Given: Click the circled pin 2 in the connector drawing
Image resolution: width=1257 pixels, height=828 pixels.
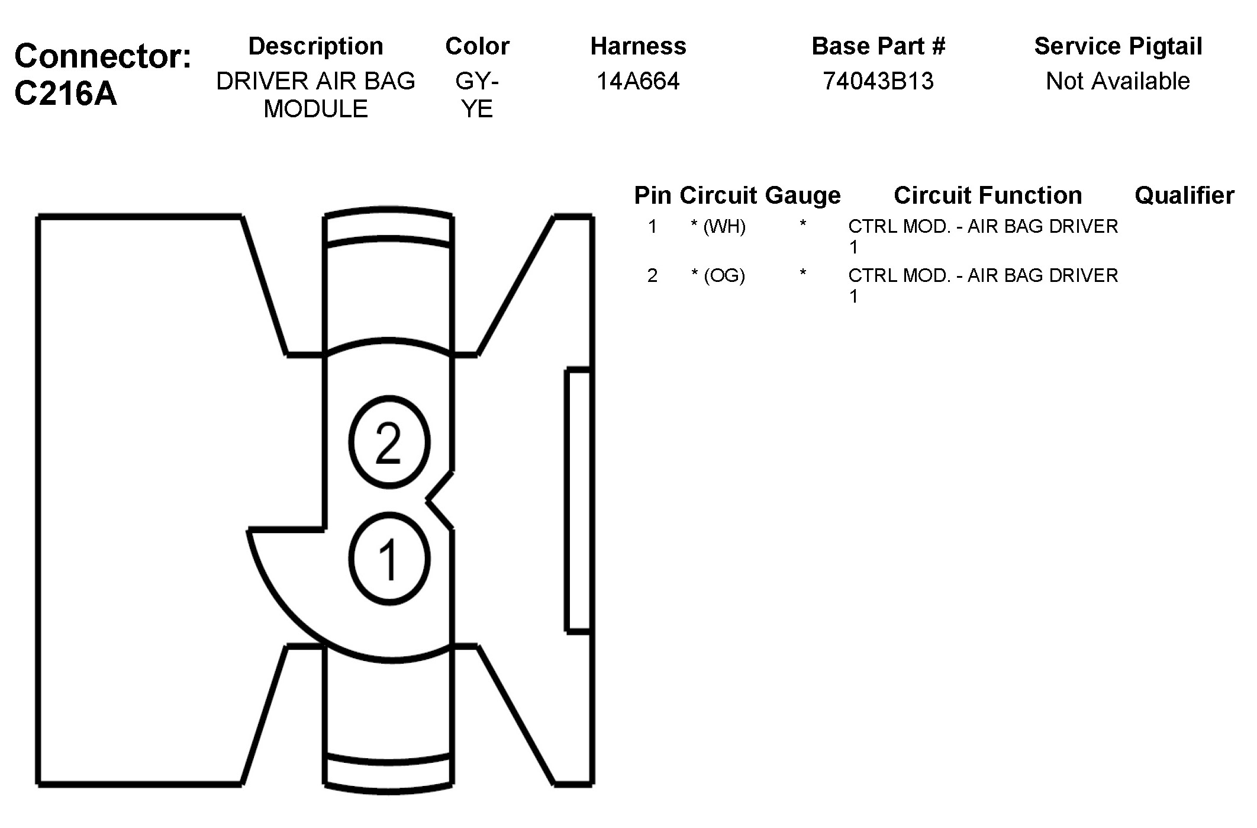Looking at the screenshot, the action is pos(389,442).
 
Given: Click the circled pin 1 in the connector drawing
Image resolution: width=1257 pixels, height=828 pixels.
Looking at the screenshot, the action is pos(389,559).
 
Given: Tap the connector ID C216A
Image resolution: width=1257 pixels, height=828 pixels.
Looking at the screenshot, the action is pos(66,94).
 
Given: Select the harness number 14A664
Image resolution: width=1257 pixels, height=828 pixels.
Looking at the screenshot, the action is pos(638,81).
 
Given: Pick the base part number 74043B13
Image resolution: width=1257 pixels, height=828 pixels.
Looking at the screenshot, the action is pos(878,81).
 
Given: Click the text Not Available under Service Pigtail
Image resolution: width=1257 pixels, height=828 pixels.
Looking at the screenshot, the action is pos(1118,81).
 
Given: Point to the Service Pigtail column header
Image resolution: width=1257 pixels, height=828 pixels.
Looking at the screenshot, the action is pos(1118,46).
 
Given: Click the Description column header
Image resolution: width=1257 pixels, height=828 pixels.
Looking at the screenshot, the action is pos(315,46).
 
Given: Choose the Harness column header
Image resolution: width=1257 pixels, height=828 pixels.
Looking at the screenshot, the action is pos(638,46).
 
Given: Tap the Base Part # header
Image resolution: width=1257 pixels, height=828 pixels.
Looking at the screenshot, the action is pos(878,46).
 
